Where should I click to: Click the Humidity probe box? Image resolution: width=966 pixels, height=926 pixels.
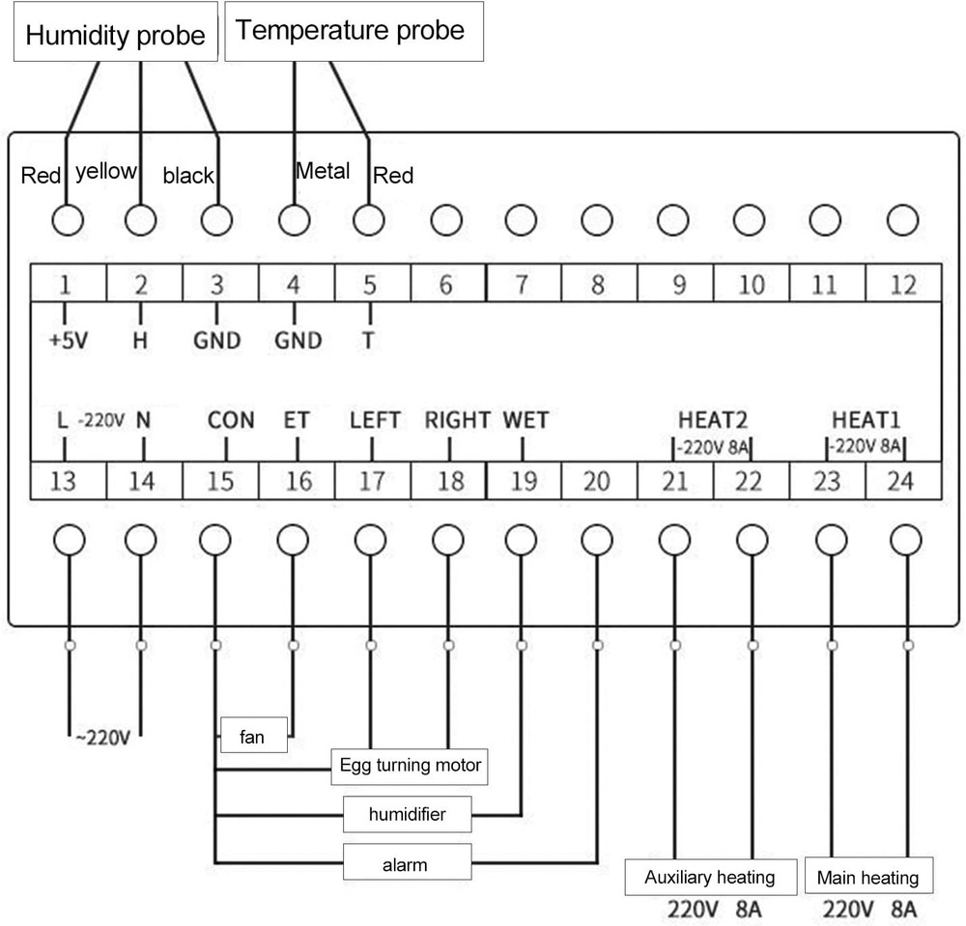pos(115,36)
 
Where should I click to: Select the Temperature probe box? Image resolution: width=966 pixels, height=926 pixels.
pos(354,33)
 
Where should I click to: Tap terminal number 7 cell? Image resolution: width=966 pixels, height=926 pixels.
pos(522,285)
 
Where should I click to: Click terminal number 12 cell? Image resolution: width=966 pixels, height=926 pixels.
pos(902,285)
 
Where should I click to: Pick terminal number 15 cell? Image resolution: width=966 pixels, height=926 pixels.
pos(220,480)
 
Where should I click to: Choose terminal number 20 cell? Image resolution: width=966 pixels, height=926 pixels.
pos(597,480)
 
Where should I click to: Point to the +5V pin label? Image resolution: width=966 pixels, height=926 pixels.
pos(67,341)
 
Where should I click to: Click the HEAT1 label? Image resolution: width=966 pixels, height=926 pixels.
pos(866,421)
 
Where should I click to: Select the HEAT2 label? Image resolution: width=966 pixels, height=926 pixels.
pos(712,421)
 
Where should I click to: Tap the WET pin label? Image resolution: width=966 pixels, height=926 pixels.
pos(526,421)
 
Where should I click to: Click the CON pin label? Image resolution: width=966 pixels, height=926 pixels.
pos(231,421)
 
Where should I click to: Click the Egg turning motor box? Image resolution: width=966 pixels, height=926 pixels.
pos(410,766)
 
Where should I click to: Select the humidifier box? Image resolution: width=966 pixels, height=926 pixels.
pos(407,814)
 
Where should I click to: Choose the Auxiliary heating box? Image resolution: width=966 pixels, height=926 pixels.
pos(709,878)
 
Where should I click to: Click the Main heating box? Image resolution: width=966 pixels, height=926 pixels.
pos(867,878)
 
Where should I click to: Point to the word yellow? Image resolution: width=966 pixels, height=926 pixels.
pos(106,172)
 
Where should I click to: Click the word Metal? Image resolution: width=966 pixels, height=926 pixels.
pos(323,172)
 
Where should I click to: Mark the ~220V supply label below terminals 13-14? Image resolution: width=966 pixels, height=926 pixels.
pos(102,739)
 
